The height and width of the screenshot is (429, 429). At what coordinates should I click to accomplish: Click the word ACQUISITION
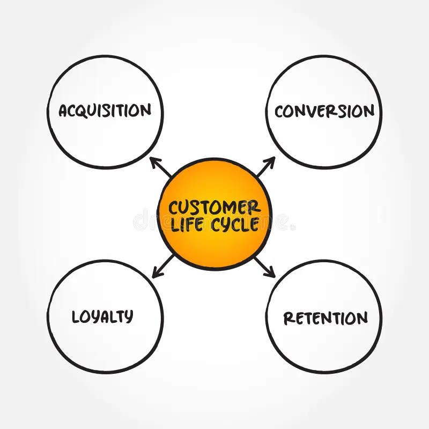(105, 111)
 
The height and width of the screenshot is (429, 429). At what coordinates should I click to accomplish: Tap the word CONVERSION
(324, 112)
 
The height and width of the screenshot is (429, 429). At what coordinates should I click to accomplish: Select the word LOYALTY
(102, 316)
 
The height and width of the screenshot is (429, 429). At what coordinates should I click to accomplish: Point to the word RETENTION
(326, 318)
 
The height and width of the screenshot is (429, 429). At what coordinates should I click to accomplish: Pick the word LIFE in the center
(187, 224)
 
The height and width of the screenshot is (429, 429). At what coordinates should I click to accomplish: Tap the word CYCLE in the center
(234, 224)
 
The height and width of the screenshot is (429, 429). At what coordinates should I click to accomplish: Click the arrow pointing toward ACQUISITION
(160, 167)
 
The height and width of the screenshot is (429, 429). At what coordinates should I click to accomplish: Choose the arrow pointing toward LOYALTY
(162, 267)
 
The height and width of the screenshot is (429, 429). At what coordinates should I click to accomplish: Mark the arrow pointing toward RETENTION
(264, 267)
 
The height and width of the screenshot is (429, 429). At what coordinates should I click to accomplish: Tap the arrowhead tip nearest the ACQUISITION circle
(150, 158)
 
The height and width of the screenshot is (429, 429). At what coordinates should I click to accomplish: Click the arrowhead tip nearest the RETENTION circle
(275, 277)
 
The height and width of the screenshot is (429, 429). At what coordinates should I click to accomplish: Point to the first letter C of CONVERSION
(280, 112)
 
